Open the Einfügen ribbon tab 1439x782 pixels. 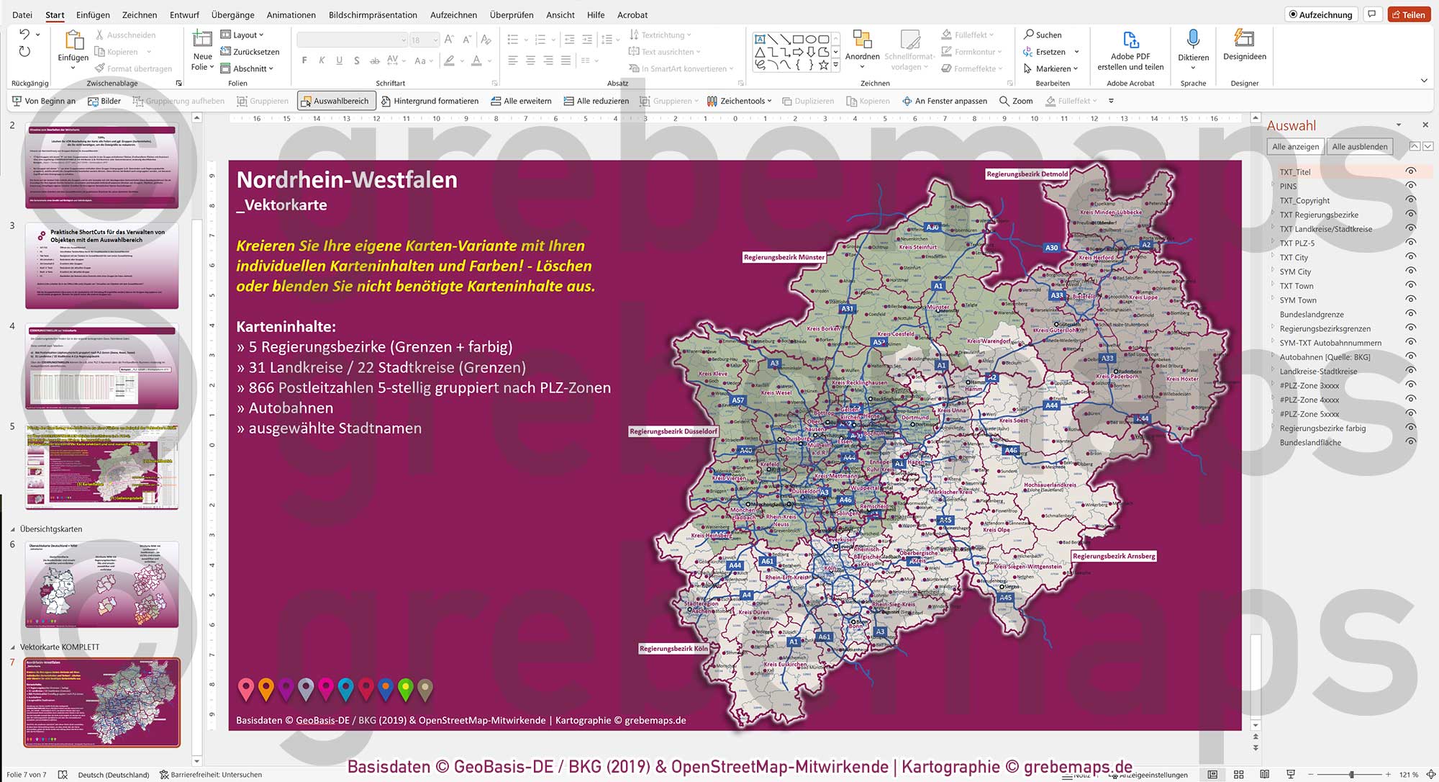pos(93,14)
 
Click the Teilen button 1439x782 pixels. pos(1408,14)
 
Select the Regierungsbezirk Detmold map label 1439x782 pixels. pos(1027,174)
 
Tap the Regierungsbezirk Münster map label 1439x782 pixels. pos(784,257)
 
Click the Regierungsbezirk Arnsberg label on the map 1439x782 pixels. pos(1113,556)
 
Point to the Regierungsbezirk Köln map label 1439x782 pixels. pos(673,649)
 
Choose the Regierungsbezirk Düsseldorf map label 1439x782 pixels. pos(673,431)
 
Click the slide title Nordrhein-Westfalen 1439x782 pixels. pos(347,180)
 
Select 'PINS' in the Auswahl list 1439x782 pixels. pos(1288,186)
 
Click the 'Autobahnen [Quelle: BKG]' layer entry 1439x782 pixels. pos(1325,357)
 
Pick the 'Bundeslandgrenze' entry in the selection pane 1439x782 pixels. pos(1312,315)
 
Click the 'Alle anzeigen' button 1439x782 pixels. pos(1295,147)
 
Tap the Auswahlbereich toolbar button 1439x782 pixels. pos(335,102)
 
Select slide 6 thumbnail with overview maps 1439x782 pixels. pos(101,584)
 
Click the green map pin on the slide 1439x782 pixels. pos(405,689)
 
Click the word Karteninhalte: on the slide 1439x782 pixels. pos(286,327)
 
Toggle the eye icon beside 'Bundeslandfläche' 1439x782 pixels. pos(1411,442)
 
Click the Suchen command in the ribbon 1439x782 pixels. pos(1043,35)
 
